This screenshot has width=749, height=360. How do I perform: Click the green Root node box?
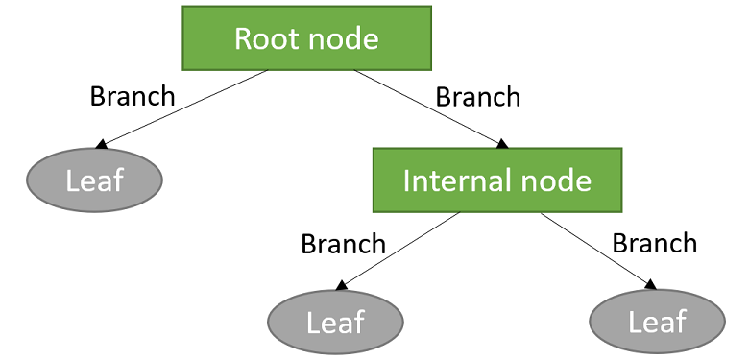306,38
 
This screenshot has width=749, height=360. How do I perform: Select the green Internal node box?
497,180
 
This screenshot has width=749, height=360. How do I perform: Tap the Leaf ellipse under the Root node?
94,180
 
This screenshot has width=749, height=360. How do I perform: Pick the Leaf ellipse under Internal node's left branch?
335,322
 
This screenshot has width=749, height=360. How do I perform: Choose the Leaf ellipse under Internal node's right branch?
658,322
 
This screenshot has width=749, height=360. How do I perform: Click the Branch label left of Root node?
133,96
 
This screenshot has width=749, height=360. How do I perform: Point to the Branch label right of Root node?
478,97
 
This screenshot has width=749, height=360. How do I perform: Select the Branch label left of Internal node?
344,244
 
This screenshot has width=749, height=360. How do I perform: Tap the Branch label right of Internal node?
655,243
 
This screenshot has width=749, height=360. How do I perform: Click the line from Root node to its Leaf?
182,108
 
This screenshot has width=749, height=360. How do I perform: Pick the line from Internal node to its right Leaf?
595,249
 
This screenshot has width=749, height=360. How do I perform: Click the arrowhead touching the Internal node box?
501,143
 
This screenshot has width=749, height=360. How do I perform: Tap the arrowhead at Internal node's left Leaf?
341,285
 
